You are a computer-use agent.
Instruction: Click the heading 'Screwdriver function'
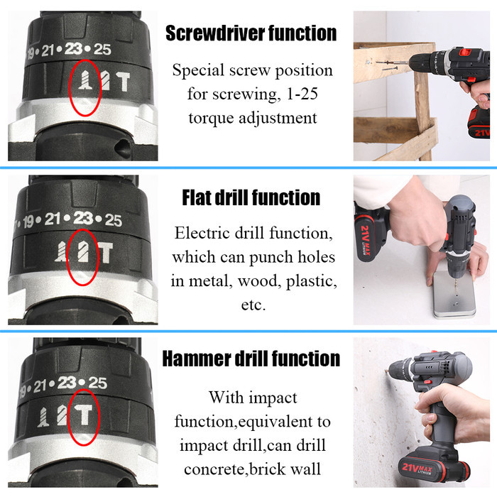point(251,33)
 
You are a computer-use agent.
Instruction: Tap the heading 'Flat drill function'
point(251,197)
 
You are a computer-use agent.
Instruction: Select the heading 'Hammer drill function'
point(251,359)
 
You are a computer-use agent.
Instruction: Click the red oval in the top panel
point(84,88)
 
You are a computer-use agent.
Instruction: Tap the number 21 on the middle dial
point(53,219)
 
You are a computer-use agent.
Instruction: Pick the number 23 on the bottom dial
point(67,383)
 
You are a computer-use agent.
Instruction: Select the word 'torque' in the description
point(216,117)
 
